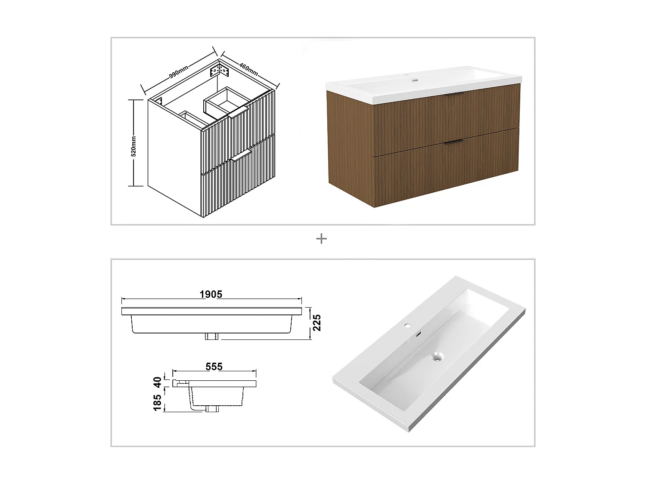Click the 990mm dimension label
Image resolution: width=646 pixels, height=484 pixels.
click(178, 72)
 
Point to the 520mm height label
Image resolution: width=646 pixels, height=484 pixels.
click(134, 146)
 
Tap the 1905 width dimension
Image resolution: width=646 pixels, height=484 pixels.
click(211, 294)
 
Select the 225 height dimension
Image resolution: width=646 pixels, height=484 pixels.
click(317, 323)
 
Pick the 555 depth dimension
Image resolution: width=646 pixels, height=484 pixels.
click(214, 366)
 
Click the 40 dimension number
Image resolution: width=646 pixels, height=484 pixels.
click(157, 382)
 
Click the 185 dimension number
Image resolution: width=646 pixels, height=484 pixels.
click(157, 403)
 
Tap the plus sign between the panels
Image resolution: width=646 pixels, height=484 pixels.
click(321, 239)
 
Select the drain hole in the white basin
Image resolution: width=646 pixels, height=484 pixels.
click(438, 356)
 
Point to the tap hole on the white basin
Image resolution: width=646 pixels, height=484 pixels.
click(407, 326)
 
